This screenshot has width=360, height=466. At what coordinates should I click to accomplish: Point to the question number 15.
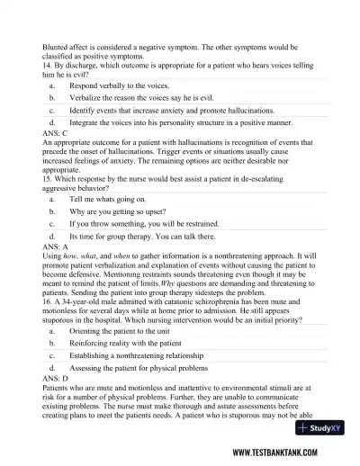pos(47,176)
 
